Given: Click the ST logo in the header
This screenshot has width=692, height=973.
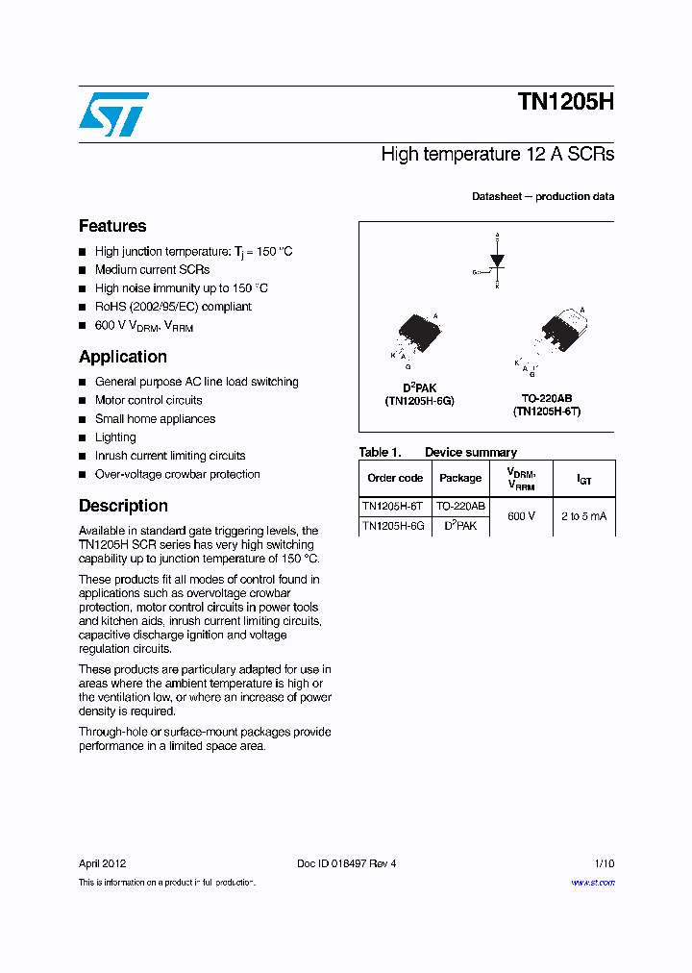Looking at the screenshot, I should tap(113, 114).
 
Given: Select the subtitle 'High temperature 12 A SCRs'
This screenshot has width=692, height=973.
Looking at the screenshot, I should tap(497, 154).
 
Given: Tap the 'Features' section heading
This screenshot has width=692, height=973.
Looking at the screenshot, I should tap(112, 226).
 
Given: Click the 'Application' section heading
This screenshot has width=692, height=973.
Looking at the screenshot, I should tap(123, 357).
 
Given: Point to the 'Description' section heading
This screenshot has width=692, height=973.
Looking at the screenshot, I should tap(123, 506).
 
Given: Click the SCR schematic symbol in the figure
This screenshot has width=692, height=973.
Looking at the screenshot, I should tap(496, 261).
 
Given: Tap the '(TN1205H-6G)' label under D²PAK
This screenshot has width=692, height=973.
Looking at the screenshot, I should tap(419, 401).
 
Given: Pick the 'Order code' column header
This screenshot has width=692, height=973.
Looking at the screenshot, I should tap(395, 478).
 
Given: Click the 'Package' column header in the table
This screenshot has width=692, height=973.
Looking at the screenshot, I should tap(460, 478).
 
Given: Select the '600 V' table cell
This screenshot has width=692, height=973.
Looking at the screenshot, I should tap(521, 516).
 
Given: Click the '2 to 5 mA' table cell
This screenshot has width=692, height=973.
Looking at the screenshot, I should tap(583, 516).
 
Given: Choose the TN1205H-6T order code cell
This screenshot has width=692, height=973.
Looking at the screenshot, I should tap(392, 506).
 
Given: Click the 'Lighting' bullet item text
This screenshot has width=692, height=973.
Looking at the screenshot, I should tap(115, 437).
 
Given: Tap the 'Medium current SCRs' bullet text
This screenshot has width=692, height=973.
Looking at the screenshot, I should tap(152, 270).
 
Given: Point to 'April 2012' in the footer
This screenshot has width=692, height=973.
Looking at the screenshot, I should tap(102, 863).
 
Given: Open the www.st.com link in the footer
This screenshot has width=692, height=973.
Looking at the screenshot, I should tap(593, 883).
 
